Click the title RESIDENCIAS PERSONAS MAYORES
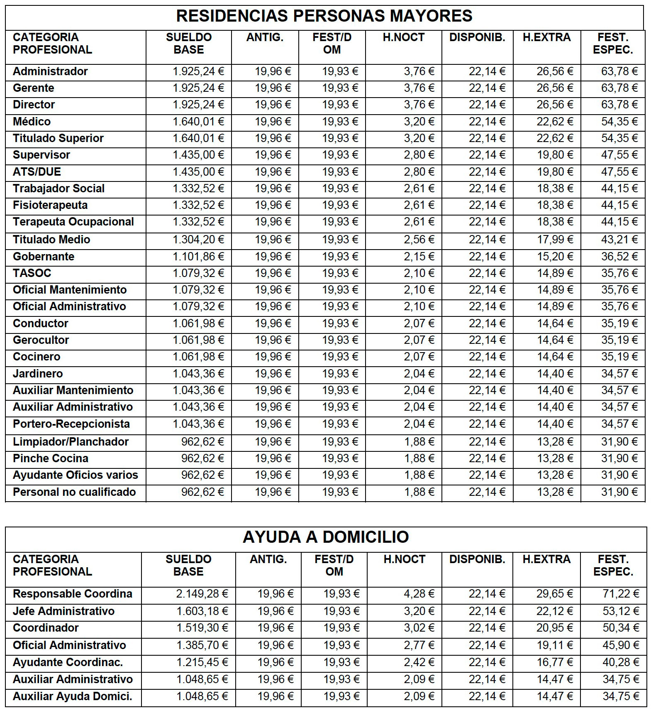click(324, 16)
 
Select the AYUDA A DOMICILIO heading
click(326, 537)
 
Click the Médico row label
click(32, 122)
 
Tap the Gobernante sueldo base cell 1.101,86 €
click(198, 257)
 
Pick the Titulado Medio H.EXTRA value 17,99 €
click(555, 240)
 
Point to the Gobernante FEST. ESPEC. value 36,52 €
click(619, 257)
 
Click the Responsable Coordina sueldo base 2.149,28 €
click(202, 594)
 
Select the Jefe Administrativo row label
click(63, 611)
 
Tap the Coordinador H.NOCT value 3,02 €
click(419, 628)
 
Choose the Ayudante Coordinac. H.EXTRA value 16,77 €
click(555, 662)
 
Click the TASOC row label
click(32, 273)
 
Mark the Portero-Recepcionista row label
click(71, 424)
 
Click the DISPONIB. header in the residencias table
click(477, 37)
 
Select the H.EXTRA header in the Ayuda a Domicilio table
click(546, 559)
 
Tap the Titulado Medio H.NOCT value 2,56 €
click(419, 240)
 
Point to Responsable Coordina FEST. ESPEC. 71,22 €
click(620, 594)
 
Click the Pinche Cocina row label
click(51, 458)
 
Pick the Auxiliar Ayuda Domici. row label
click(73, 696)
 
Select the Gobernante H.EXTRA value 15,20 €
click(555, 257)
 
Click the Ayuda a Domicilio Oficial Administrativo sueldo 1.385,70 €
click(202, 645)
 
